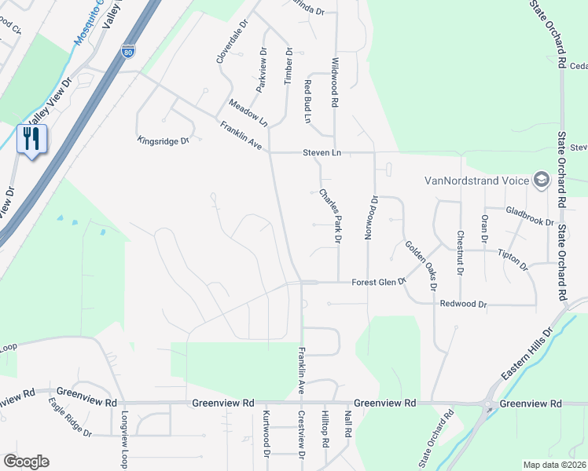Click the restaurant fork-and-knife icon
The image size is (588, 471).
pyautogui.click(x=31, y=139)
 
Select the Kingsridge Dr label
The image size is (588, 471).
pyautogui.click(x=164, y=141)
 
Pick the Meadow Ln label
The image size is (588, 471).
pyautogui.click(x=248, y=113)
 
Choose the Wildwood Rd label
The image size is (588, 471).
pyautogui.click(x=335, y=82)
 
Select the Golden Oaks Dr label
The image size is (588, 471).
pyautogui.click(x=421, y=265)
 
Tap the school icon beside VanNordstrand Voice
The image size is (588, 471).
pyautogui.click(x=540, y=181)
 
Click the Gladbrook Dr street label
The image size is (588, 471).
pyautogui.click(x=531, y=217)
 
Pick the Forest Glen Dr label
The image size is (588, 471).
pyautogui.click(x=378, y=282)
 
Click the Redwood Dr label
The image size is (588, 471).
pyautogui.click(x=464, y=304)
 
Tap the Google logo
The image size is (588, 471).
pyautogui.click(x=26, y=462)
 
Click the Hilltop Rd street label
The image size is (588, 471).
pyautogui.click(x=325, y=428)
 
